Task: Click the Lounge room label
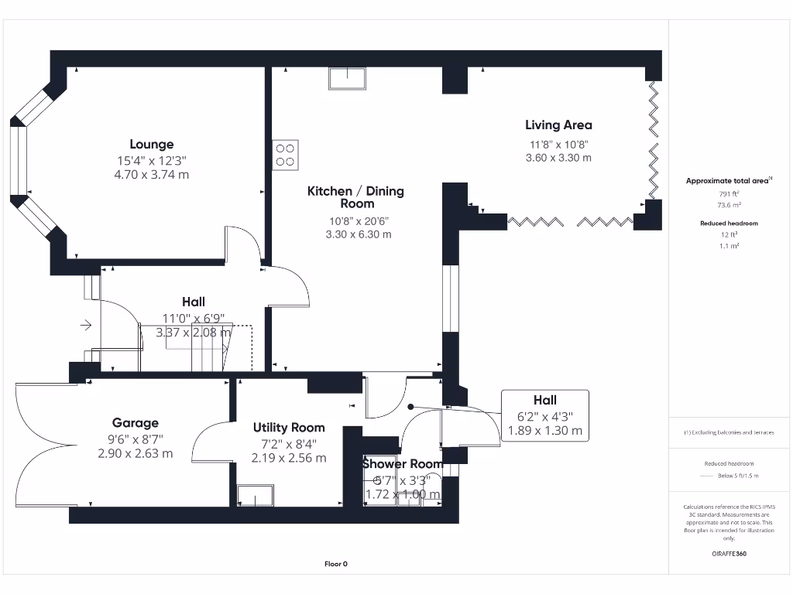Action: coord(151,144)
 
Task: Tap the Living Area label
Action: coord(558,125)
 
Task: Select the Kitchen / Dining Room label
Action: coord(355,197)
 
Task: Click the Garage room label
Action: coord(136,422)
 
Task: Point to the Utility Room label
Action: coord(289,427)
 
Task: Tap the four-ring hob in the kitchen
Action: coord(285,155)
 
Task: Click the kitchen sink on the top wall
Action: coord(348,79)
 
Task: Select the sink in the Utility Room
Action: coord(255,495)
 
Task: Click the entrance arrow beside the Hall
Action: coord(86,326)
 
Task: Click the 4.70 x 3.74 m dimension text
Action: coord(151,175)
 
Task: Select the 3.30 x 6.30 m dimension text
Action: coord(355,234)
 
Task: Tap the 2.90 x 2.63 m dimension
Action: coord(136,453)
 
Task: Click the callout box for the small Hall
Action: coord(545,415)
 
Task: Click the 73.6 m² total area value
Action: coord(727,205)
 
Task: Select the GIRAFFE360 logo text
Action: coord(727,554)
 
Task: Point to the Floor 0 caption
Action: coord(335,564)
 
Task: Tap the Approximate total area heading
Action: coord(727,180)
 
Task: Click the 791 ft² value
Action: coord(727,193)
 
